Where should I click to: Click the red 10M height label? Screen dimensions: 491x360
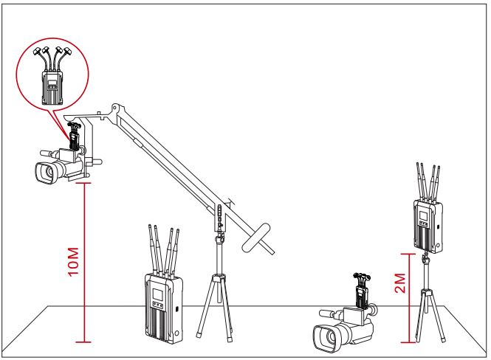[73, 261]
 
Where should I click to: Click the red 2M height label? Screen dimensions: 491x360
[400, 283]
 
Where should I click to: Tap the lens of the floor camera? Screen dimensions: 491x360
[326, 338]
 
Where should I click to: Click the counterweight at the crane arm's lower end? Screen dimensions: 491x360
[256, 238]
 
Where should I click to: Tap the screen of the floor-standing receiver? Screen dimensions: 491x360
[157, 294]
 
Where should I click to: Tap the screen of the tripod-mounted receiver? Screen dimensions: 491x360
[423, 215]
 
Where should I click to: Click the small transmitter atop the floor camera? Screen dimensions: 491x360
[363, 290]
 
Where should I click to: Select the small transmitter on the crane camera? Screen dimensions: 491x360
[74, 135]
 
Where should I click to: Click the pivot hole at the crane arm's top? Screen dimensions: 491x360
[115, 108]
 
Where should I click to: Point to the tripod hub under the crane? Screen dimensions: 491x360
[219, 277]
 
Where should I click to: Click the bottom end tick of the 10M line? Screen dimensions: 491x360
[84, 342]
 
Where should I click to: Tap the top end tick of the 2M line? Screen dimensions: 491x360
[409, 254]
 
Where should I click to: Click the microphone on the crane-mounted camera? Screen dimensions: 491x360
[49, 153]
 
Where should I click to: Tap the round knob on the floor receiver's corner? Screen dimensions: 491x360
[177, 333]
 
